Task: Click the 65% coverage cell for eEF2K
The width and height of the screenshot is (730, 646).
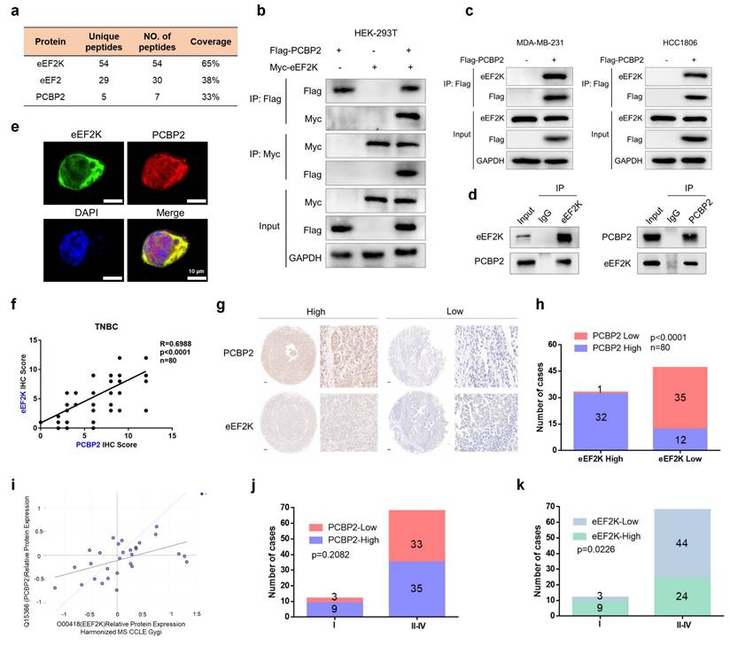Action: pos(210,66)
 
